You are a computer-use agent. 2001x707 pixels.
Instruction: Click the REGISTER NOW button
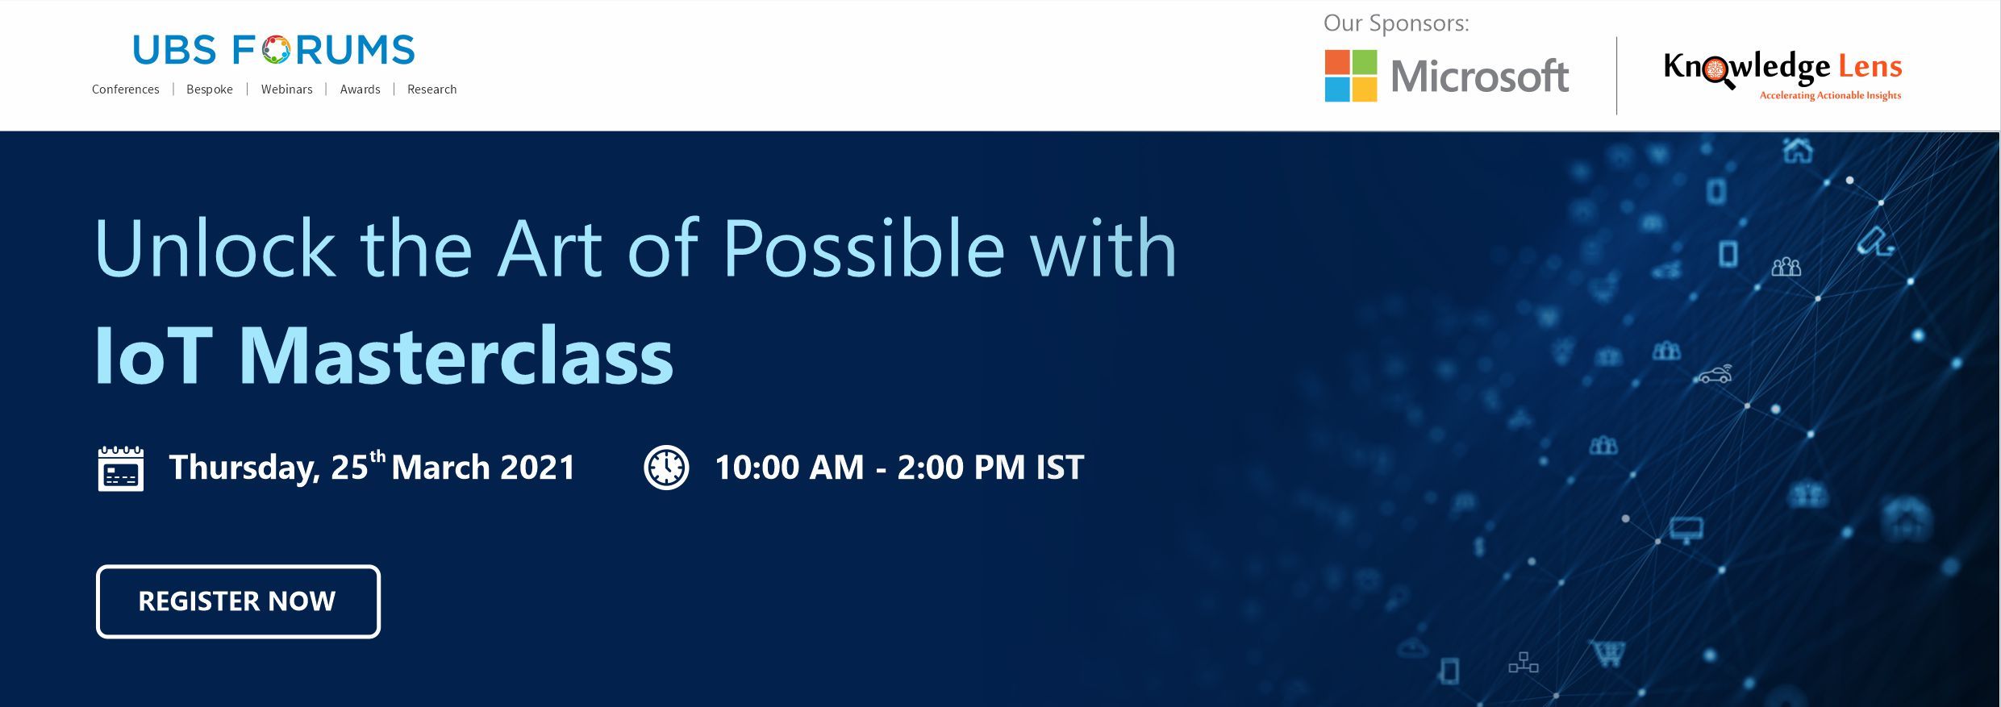(x=238, y=601)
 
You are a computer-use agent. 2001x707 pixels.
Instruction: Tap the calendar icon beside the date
(x=121, y=468)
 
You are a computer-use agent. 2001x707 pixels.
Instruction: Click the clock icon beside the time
(x=666, y=468)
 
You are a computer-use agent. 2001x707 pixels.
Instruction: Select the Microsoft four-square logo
(x=1351, y=76)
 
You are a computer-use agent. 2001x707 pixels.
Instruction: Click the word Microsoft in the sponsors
(x=1480, y=77)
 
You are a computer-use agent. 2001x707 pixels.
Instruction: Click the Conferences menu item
(x=126, y=89)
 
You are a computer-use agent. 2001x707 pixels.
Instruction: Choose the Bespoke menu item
(x=210, y=89)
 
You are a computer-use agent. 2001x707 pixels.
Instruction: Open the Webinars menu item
(x=286, y=89)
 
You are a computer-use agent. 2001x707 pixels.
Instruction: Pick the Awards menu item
(x=360, y=89)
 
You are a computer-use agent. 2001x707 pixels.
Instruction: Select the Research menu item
(x=432, y=89)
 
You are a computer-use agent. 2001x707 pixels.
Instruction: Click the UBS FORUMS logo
(x=274, y=50)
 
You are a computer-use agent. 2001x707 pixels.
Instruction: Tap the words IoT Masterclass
(x=384, y=356)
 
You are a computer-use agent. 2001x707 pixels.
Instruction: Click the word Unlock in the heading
(x=215, y=248)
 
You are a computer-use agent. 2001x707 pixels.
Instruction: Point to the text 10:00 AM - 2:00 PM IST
(x=899, y=468)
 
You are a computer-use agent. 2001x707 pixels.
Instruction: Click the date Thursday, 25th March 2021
(x=372, y=468)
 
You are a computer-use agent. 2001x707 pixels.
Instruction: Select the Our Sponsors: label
(x=1396, y=23)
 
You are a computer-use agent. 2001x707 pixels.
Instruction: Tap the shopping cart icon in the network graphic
(x=1607, y=654)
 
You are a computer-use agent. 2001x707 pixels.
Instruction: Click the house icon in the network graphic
(x=1798, y=150)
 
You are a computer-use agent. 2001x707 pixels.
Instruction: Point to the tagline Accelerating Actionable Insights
(x=1830, y=96)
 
